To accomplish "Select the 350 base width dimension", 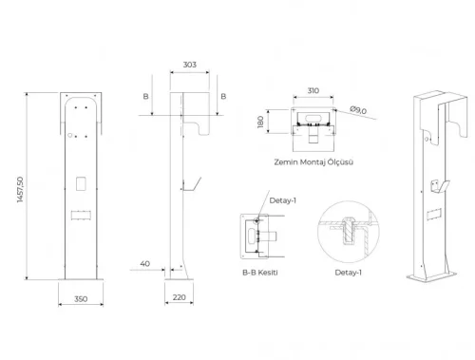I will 80,298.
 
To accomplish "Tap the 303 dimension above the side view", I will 189,65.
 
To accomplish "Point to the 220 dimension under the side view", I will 180,298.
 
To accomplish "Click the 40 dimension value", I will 144,263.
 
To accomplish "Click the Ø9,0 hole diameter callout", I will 358,110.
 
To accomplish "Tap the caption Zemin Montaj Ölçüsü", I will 313,162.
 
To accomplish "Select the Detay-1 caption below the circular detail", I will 348,273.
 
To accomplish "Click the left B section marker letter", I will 145,96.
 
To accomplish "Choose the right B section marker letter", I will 221,96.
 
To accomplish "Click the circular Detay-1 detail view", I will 348,230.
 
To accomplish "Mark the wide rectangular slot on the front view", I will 80,211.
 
